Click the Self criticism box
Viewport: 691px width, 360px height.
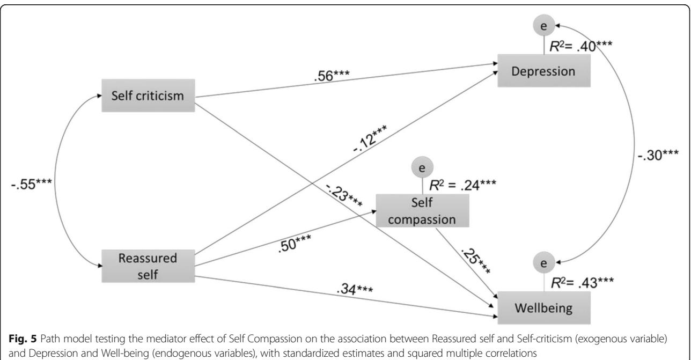(x=148, y=96)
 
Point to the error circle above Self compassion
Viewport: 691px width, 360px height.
(x=422, y=167)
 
